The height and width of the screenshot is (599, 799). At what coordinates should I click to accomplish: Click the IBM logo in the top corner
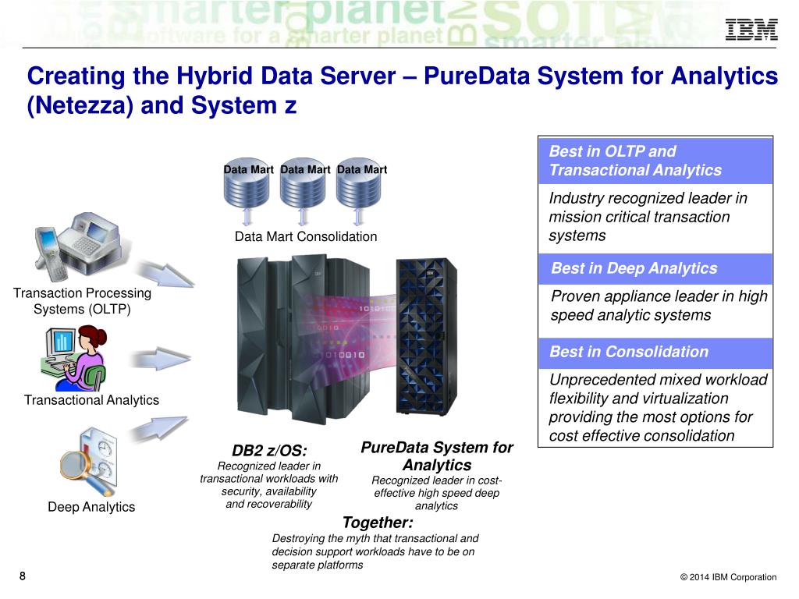[751, 30]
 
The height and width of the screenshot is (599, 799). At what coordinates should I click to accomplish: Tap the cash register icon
[76, 241]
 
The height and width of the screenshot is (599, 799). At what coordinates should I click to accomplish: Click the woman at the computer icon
[74, 356]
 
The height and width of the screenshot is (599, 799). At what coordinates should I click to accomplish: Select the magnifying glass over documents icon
[87, 461]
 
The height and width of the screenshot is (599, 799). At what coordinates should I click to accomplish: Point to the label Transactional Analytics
[91, 400]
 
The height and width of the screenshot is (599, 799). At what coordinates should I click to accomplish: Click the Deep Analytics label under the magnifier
[91, 507]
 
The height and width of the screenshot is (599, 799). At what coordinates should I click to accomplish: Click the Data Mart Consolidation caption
[306, 236]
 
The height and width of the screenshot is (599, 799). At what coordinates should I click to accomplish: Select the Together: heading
[378, 523]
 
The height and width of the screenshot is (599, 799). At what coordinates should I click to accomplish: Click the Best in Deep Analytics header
[634, 268]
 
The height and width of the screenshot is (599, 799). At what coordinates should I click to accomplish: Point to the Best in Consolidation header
[629, 352]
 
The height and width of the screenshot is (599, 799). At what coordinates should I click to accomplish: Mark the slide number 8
[22, 576]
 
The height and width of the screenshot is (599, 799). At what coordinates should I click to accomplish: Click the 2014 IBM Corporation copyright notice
[728, 577]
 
